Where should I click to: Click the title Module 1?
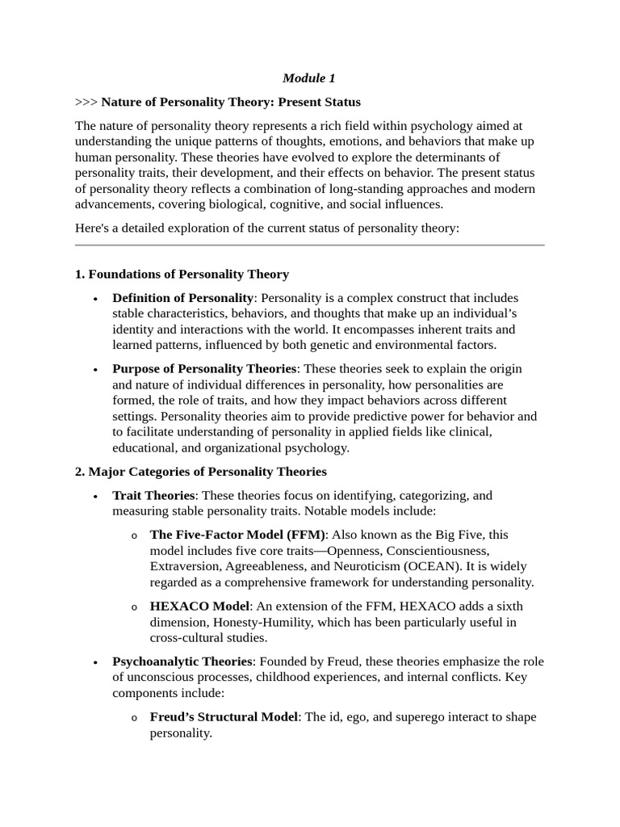pyautogui.click(x=309, y=78)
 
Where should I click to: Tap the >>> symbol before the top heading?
pyautogui.click(x=86, y=102)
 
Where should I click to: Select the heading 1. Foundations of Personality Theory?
pyautogui.click(x=182, y=274)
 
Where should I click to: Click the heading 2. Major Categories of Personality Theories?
pyautogui.click(x=200, y=471)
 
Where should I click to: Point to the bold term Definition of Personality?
pyautogui.click(x=183, y=298)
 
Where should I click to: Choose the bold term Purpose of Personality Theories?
pyautogui.click(x=204, y=368)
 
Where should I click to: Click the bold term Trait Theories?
pyautogui.click(x=153, y=495)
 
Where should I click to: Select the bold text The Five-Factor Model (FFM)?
pyautogui.click(x=237, y=535)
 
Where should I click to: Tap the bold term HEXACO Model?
pyautogui.click(x=200, y=606)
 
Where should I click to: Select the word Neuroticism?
pyautogui.click(x=374, y=566)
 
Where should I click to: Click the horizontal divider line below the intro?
pyautogui.click(x=309, y=245)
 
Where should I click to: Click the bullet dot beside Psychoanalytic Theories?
pyautogui.click(x=96, y=662)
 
